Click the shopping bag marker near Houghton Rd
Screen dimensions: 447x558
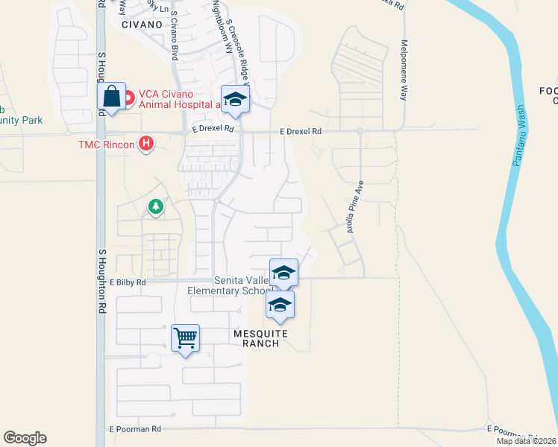point(111,97)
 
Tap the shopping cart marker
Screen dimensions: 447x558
point(185,338)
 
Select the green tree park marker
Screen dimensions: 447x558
point(156,206)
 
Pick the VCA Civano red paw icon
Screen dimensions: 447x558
point(128,96)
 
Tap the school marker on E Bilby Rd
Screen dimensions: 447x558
point(283,273)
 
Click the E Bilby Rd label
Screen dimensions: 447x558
point(128,283)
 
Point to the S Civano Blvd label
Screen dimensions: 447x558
point(174,35)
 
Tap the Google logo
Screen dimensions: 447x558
point(25,438)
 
